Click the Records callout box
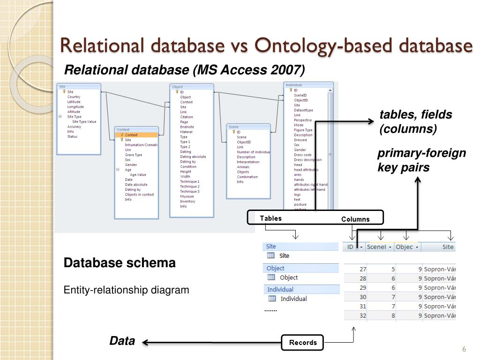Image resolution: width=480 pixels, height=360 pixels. [303, 343]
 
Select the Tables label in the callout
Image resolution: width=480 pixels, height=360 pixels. [271, 218]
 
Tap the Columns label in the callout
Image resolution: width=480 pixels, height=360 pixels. [355, 219]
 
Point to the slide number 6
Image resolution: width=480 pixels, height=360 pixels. [464, 349]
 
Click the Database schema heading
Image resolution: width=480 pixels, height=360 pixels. [120, 263]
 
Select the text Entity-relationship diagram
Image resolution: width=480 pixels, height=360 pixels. [127, 290]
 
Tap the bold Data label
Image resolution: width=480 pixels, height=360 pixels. [122, 341]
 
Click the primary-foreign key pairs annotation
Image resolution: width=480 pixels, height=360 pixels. [422, 160]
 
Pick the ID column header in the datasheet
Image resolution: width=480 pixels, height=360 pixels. [351, 247]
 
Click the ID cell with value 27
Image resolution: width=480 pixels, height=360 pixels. [362, 269]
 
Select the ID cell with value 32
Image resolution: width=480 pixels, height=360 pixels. [362, 315]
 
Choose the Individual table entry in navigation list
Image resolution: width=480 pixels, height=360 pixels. [293, 299]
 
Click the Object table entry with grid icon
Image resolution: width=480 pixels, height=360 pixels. [288, 277]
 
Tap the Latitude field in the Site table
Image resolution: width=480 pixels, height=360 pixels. [74, 102]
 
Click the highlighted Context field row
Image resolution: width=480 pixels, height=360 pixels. [136, 135]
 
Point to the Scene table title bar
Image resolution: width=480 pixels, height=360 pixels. [248, 127]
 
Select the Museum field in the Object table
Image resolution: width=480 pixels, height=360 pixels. [187, 196]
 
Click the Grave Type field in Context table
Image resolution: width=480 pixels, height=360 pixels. [134, 155]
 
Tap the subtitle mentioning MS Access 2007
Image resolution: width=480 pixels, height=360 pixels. [184, 70]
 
